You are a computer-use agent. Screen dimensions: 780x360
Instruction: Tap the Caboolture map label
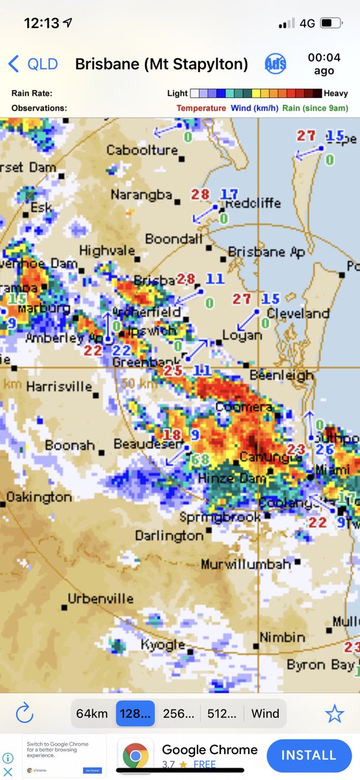click(142, 150)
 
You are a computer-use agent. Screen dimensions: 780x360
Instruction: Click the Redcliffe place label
click(253, 203)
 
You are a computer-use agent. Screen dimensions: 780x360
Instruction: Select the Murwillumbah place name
click(246, 564)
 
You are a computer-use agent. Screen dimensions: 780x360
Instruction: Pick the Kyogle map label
click(163, 645)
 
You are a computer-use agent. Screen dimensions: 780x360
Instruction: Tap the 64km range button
click(92, 713)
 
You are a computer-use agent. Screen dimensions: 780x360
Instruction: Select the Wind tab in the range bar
click(265, 713)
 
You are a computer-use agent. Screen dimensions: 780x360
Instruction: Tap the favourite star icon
click(334, 713)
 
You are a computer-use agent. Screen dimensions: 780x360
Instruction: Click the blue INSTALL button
click(309, 755)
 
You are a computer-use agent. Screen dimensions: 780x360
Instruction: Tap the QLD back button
click(32, 64)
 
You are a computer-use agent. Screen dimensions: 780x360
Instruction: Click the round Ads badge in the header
click(276, 64)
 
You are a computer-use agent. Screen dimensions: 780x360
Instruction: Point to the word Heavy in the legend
click(336, 94)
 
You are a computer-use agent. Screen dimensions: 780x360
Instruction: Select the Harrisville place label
click(59, 386)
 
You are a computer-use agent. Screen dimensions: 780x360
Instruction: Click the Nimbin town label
click(282, 637)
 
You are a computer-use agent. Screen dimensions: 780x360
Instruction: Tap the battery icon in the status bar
click(330, 23)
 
